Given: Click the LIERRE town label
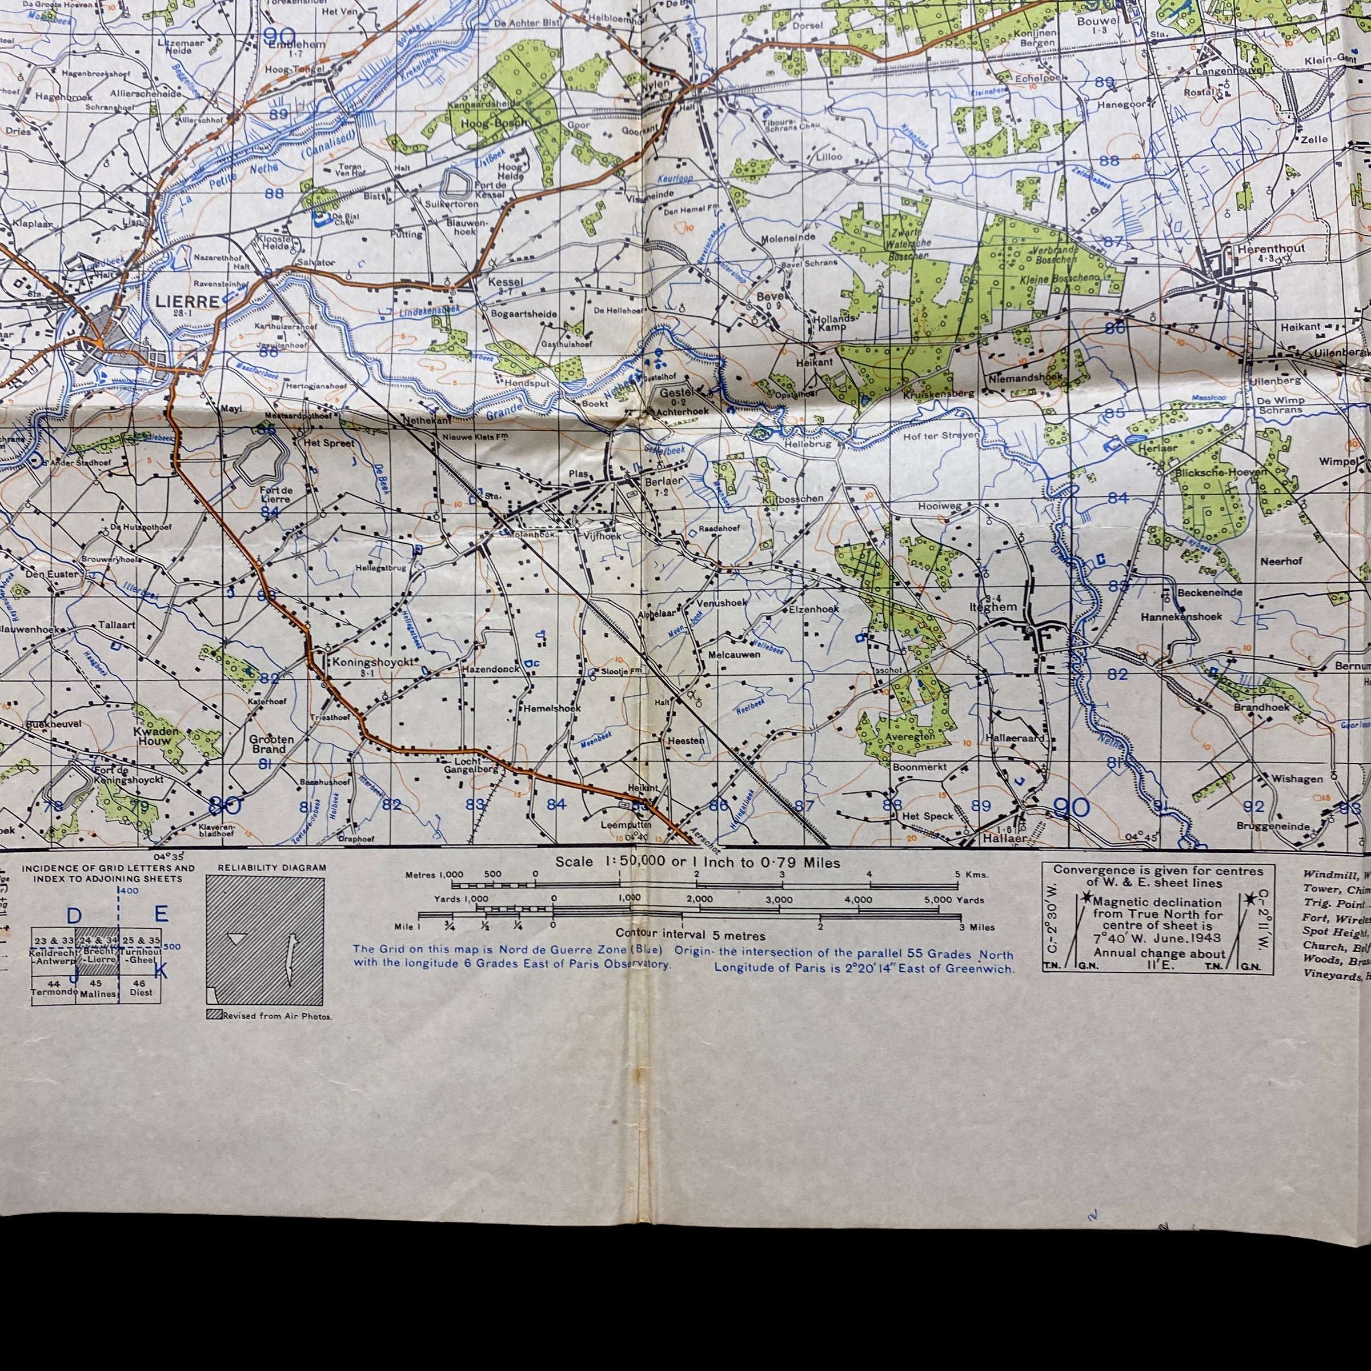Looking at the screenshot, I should tap(187, 301).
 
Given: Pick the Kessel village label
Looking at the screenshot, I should tap(505, 282).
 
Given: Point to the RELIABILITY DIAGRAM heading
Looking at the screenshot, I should tap(272, 867).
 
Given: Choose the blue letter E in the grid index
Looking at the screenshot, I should tap(161, 914).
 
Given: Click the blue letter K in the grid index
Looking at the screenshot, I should tap(161, 971).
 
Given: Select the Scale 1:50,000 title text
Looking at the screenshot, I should tap(697, 863).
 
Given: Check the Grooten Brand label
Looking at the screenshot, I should tap(271, 744).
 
